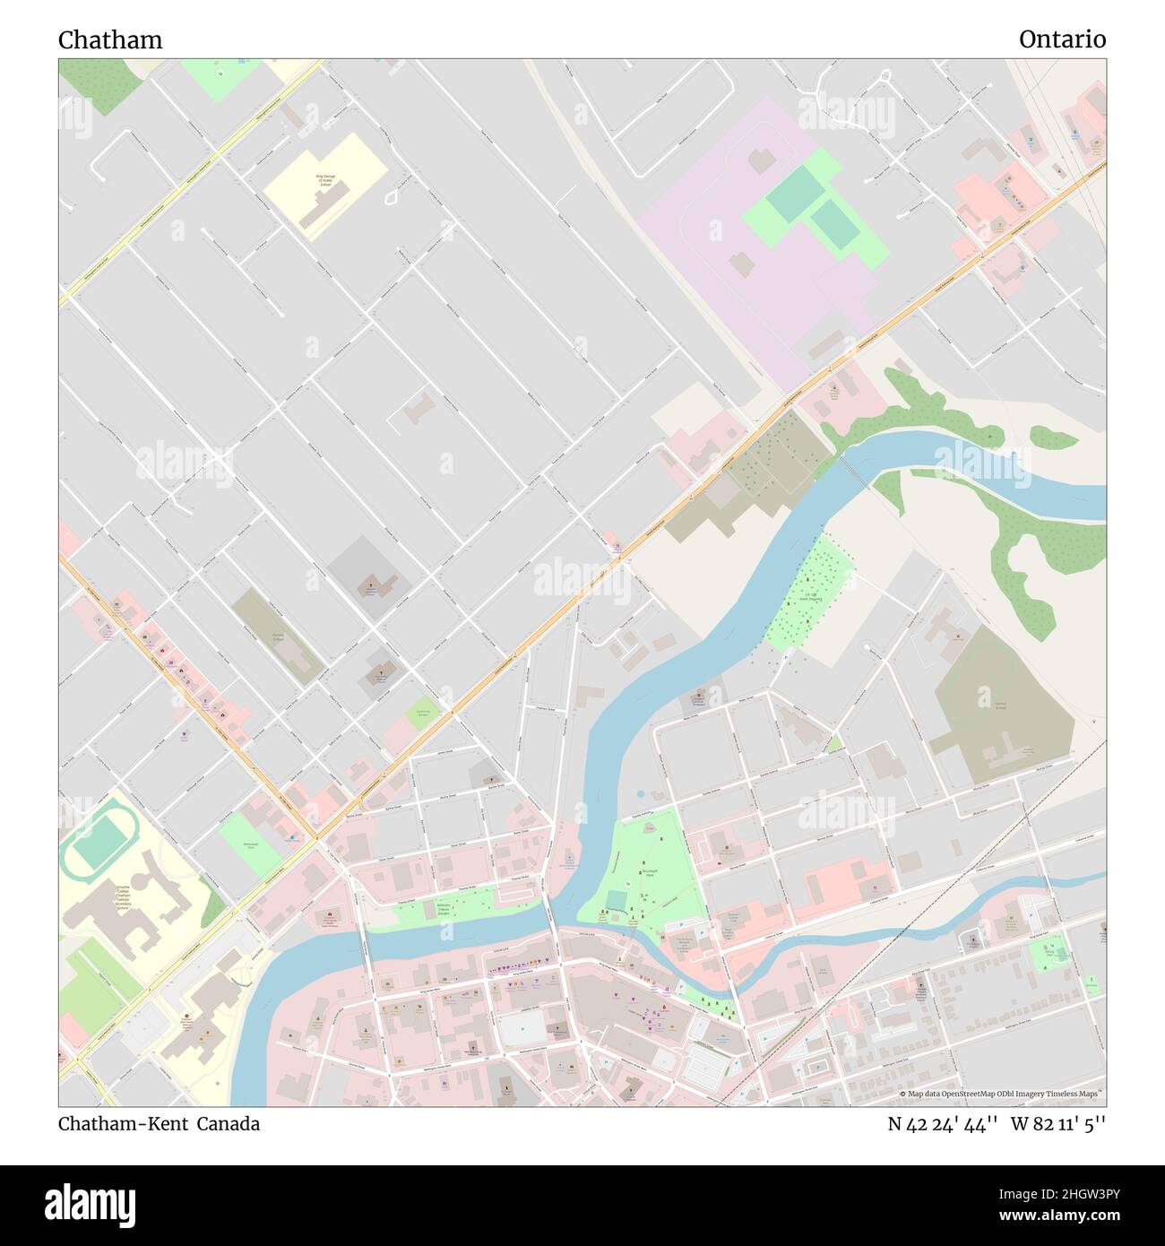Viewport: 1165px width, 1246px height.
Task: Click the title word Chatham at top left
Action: (x=110, y=40)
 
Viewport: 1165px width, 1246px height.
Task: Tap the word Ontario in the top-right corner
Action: (x=1062, y=39)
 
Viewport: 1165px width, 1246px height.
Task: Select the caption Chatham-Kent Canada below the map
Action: (x=160, y=1124)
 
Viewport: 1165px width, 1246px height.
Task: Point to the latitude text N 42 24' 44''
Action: (x=944, y=1124)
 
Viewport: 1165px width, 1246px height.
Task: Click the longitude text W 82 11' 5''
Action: (x=1058, y=1124)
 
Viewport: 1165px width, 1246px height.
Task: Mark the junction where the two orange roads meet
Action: (x=315, y=839)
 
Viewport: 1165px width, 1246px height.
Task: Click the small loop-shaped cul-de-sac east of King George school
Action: (x=393, y=196)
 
